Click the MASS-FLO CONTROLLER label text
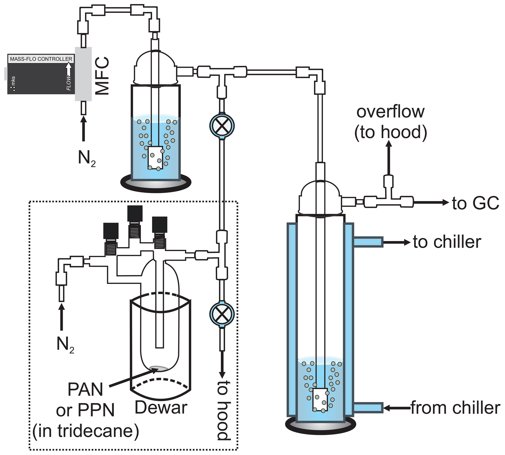[x=41, y=59]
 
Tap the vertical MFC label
[x=103, y=76]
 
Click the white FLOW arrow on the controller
[x=68, y=69]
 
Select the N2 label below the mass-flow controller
[x=86, y=158]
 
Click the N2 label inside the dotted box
[x=65, y=345]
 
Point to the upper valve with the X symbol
[x=222, y=126]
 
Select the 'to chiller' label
[x=447, y=242]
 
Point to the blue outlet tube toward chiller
[x=368, y=242]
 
